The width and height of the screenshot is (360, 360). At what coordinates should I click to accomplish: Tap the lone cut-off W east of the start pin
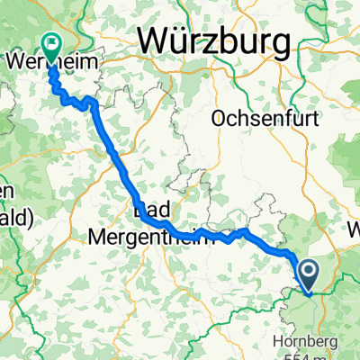pos(352,229)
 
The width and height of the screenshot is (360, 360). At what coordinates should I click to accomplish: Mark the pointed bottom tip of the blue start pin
pos(307,293)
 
